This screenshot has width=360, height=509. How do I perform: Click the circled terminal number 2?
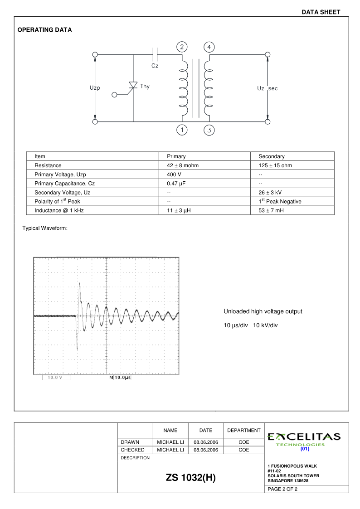pos(182,47)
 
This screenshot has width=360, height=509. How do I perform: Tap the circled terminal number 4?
pos(209,47)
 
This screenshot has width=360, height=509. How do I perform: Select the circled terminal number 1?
pos(182,131)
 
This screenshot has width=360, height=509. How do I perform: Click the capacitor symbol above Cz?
pos(155,54)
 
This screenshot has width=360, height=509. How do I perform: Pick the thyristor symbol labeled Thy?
pos(133,86)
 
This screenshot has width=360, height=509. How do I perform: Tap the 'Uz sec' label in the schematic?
pos(267,88)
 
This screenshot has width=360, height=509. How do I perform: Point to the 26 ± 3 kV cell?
pos(270,193)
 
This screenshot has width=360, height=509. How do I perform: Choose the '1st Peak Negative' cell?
pos(280,201)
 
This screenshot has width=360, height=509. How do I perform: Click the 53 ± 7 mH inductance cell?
pos(271,210)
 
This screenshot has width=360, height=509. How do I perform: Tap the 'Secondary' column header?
pos(271,156)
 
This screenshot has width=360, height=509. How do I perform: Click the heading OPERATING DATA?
pos(44,30)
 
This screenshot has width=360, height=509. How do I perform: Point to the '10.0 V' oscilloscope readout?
pos(56,378)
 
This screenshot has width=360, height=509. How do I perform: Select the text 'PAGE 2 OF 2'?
pos(283,489)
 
